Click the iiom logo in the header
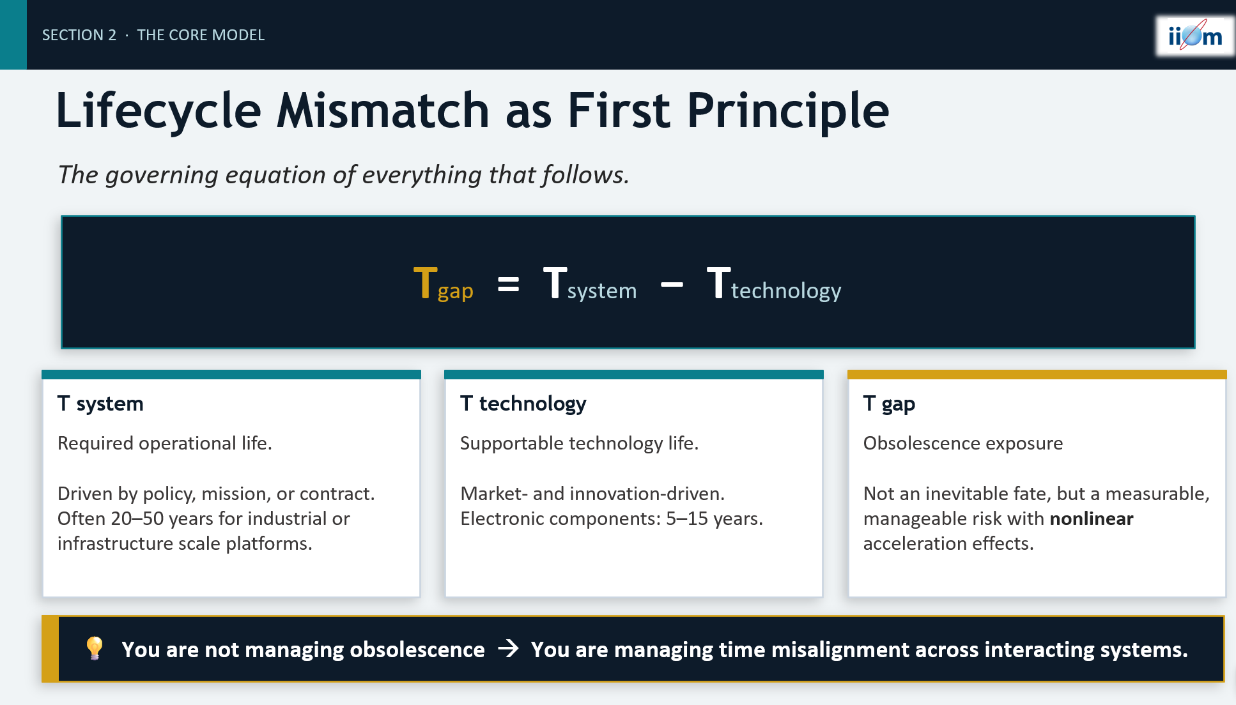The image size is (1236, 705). (1194, 36)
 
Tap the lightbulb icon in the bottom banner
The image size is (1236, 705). (95, 648)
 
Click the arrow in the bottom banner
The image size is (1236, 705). (509, 649)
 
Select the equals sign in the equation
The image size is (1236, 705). (508, 284)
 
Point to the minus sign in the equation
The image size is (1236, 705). (672, 284)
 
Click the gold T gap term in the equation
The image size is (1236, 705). (444, 284)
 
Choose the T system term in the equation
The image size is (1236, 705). (590, 284)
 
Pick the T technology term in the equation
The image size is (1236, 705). (774, 284)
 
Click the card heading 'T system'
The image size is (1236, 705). (100, 404)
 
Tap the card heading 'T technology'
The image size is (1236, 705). (523, 404)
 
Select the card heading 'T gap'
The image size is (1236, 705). (889, 404)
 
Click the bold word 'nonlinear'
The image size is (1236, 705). (1092, 519)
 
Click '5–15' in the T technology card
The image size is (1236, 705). (687, 519)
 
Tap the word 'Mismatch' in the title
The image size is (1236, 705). (383, 110)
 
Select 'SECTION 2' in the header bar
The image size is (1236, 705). (79, 35)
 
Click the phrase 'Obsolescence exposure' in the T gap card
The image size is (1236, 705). (963, 443)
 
